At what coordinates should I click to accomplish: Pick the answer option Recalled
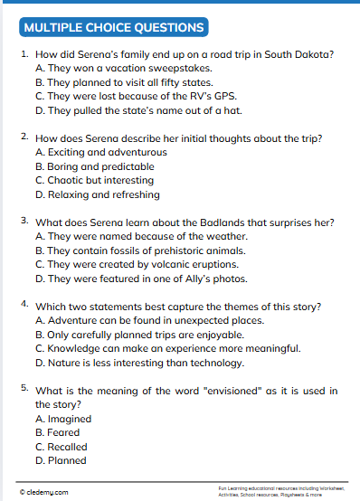(61, 447)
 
